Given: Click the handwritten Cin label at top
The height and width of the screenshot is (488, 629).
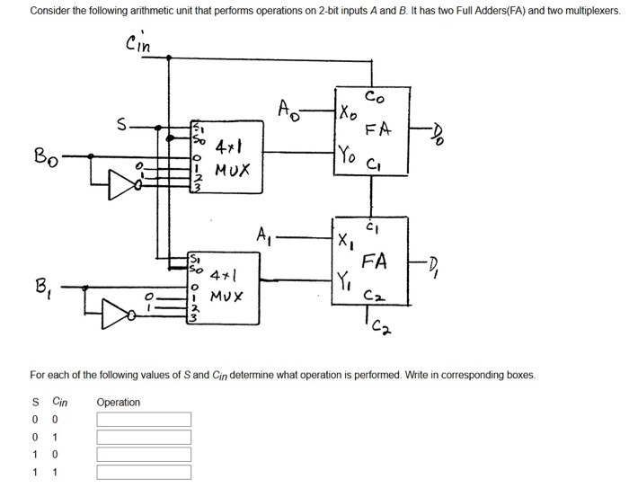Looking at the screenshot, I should click(x=140, y=42).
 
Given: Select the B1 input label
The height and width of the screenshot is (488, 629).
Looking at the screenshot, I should click(x=41, y=288).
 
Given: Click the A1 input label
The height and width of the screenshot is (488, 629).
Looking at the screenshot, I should click(x=262, y=239).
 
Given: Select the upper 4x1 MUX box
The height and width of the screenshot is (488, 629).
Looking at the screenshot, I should click(x=225, y=157).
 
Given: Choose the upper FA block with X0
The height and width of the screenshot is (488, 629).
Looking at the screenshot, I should click(x=370, y=130).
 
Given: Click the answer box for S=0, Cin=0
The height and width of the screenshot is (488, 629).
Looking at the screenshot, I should click(x=144, y=420).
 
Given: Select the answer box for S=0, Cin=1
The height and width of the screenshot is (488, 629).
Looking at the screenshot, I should click(x=144, y=437).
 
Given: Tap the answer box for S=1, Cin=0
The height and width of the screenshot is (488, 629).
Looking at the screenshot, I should click(x=144, y=455).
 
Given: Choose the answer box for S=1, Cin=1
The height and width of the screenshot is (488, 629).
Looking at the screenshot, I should click(x=144, y=472).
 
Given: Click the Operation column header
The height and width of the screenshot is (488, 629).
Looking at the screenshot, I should click(x=118, y=402).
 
